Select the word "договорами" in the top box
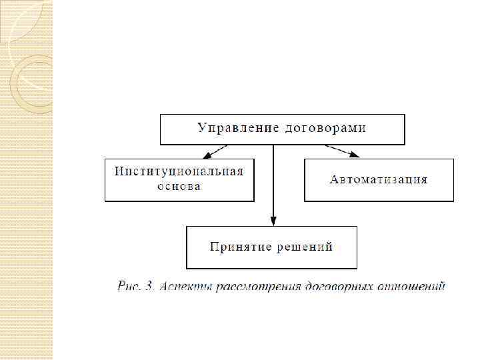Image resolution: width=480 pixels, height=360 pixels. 323,127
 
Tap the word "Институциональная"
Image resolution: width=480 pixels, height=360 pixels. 179,171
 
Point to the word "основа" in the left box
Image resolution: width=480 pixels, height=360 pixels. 179,186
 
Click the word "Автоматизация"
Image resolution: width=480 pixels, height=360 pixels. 378,179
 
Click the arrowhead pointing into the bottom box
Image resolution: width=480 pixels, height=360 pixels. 273,222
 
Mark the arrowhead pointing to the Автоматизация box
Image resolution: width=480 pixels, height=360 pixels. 353,155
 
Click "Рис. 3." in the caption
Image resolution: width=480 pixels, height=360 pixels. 136,287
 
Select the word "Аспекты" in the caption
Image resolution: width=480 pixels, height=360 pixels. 185,287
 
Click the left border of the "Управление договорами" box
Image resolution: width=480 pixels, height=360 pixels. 160,129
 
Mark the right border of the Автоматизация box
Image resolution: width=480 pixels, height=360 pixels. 453,180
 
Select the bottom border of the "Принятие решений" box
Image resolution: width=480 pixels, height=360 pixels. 271,268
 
